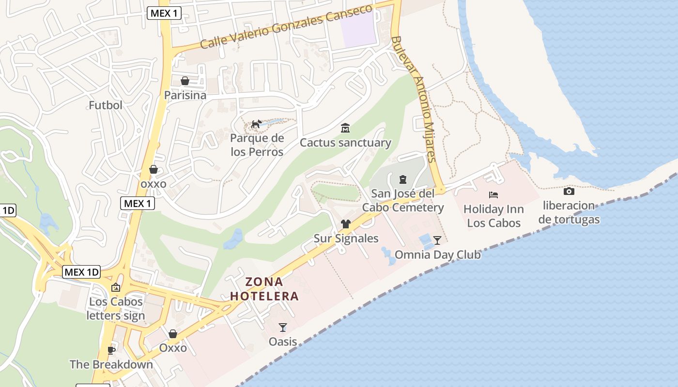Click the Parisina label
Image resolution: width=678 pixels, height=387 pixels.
(x=185, y=95)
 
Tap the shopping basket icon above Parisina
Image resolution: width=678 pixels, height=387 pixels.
(x=185, y=80)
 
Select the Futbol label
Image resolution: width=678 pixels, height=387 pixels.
(x=106, y=105)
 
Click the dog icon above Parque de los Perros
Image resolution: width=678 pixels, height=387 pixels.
(x=256, y=124)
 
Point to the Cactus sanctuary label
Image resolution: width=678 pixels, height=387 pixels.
(x=345, y=143)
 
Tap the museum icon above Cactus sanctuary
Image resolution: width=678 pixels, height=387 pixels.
(x=345, y=128)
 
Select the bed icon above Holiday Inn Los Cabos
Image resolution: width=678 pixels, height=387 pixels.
(x=493, y=195)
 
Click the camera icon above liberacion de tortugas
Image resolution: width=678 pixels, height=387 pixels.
(x=569, y=191)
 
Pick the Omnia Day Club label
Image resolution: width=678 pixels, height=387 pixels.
(x=437, y=254)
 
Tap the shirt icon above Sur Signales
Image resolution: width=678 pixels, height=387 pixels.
(x=345, y=223)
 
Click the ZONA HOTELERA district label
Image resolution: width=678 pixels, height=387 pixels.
(x=264, y=289)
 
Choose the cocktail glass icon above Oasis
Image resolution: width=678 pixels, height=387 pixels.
(x=283, y=327)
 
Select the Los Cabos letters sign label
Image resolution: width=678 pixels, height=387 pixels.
(x=116, y=309)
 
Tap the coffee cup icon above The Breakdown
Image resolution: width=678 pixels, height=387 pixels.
(x=111, y=350)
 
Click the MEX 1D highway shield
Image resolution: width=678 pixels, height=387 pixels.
(x=81, y=272)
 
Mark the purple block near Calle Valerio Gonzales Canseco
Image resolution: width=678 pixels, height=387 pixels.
(x=358, y=29)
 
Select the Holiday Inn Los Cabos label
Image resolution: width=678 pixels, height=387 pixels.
(x=493, y=216)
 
